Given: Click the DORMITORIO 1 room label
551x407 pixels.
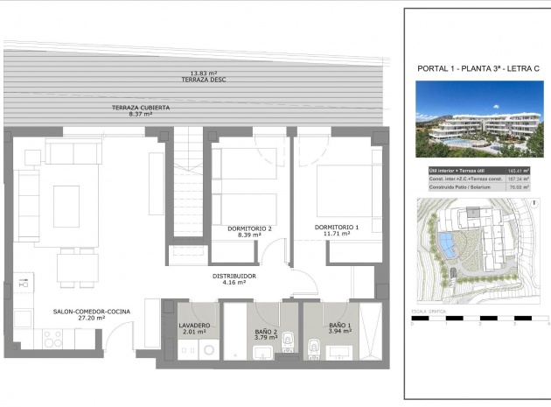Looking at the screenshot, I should pyautogui.click(x=337, y=229).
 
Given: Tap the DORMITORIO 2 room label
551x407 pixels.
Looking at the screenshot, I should pyautogui.click(x=249, y=229).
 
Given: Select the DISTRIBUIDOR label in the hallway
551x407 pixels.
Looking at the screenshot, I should pyautogui.click(x=234, y=277).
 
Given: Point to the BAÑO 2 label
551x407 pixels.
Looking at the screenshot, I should pyautogui.click(x=266, y=332).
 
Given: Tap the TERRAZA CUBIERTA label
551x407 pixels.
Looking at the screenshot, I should pyautogui.click(x=140, y=108).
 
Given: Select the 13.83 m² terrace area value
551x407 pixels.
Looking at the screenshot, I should pyautogui.click(x=204, y=74).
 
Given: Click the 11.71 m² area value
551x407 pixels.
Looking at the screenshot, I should pyautogui.click(x=337, y=235).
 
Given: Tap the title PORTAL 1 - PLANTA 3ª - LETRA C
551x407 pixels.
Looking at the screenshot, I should pyautogui.click(x=478, y=68).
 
